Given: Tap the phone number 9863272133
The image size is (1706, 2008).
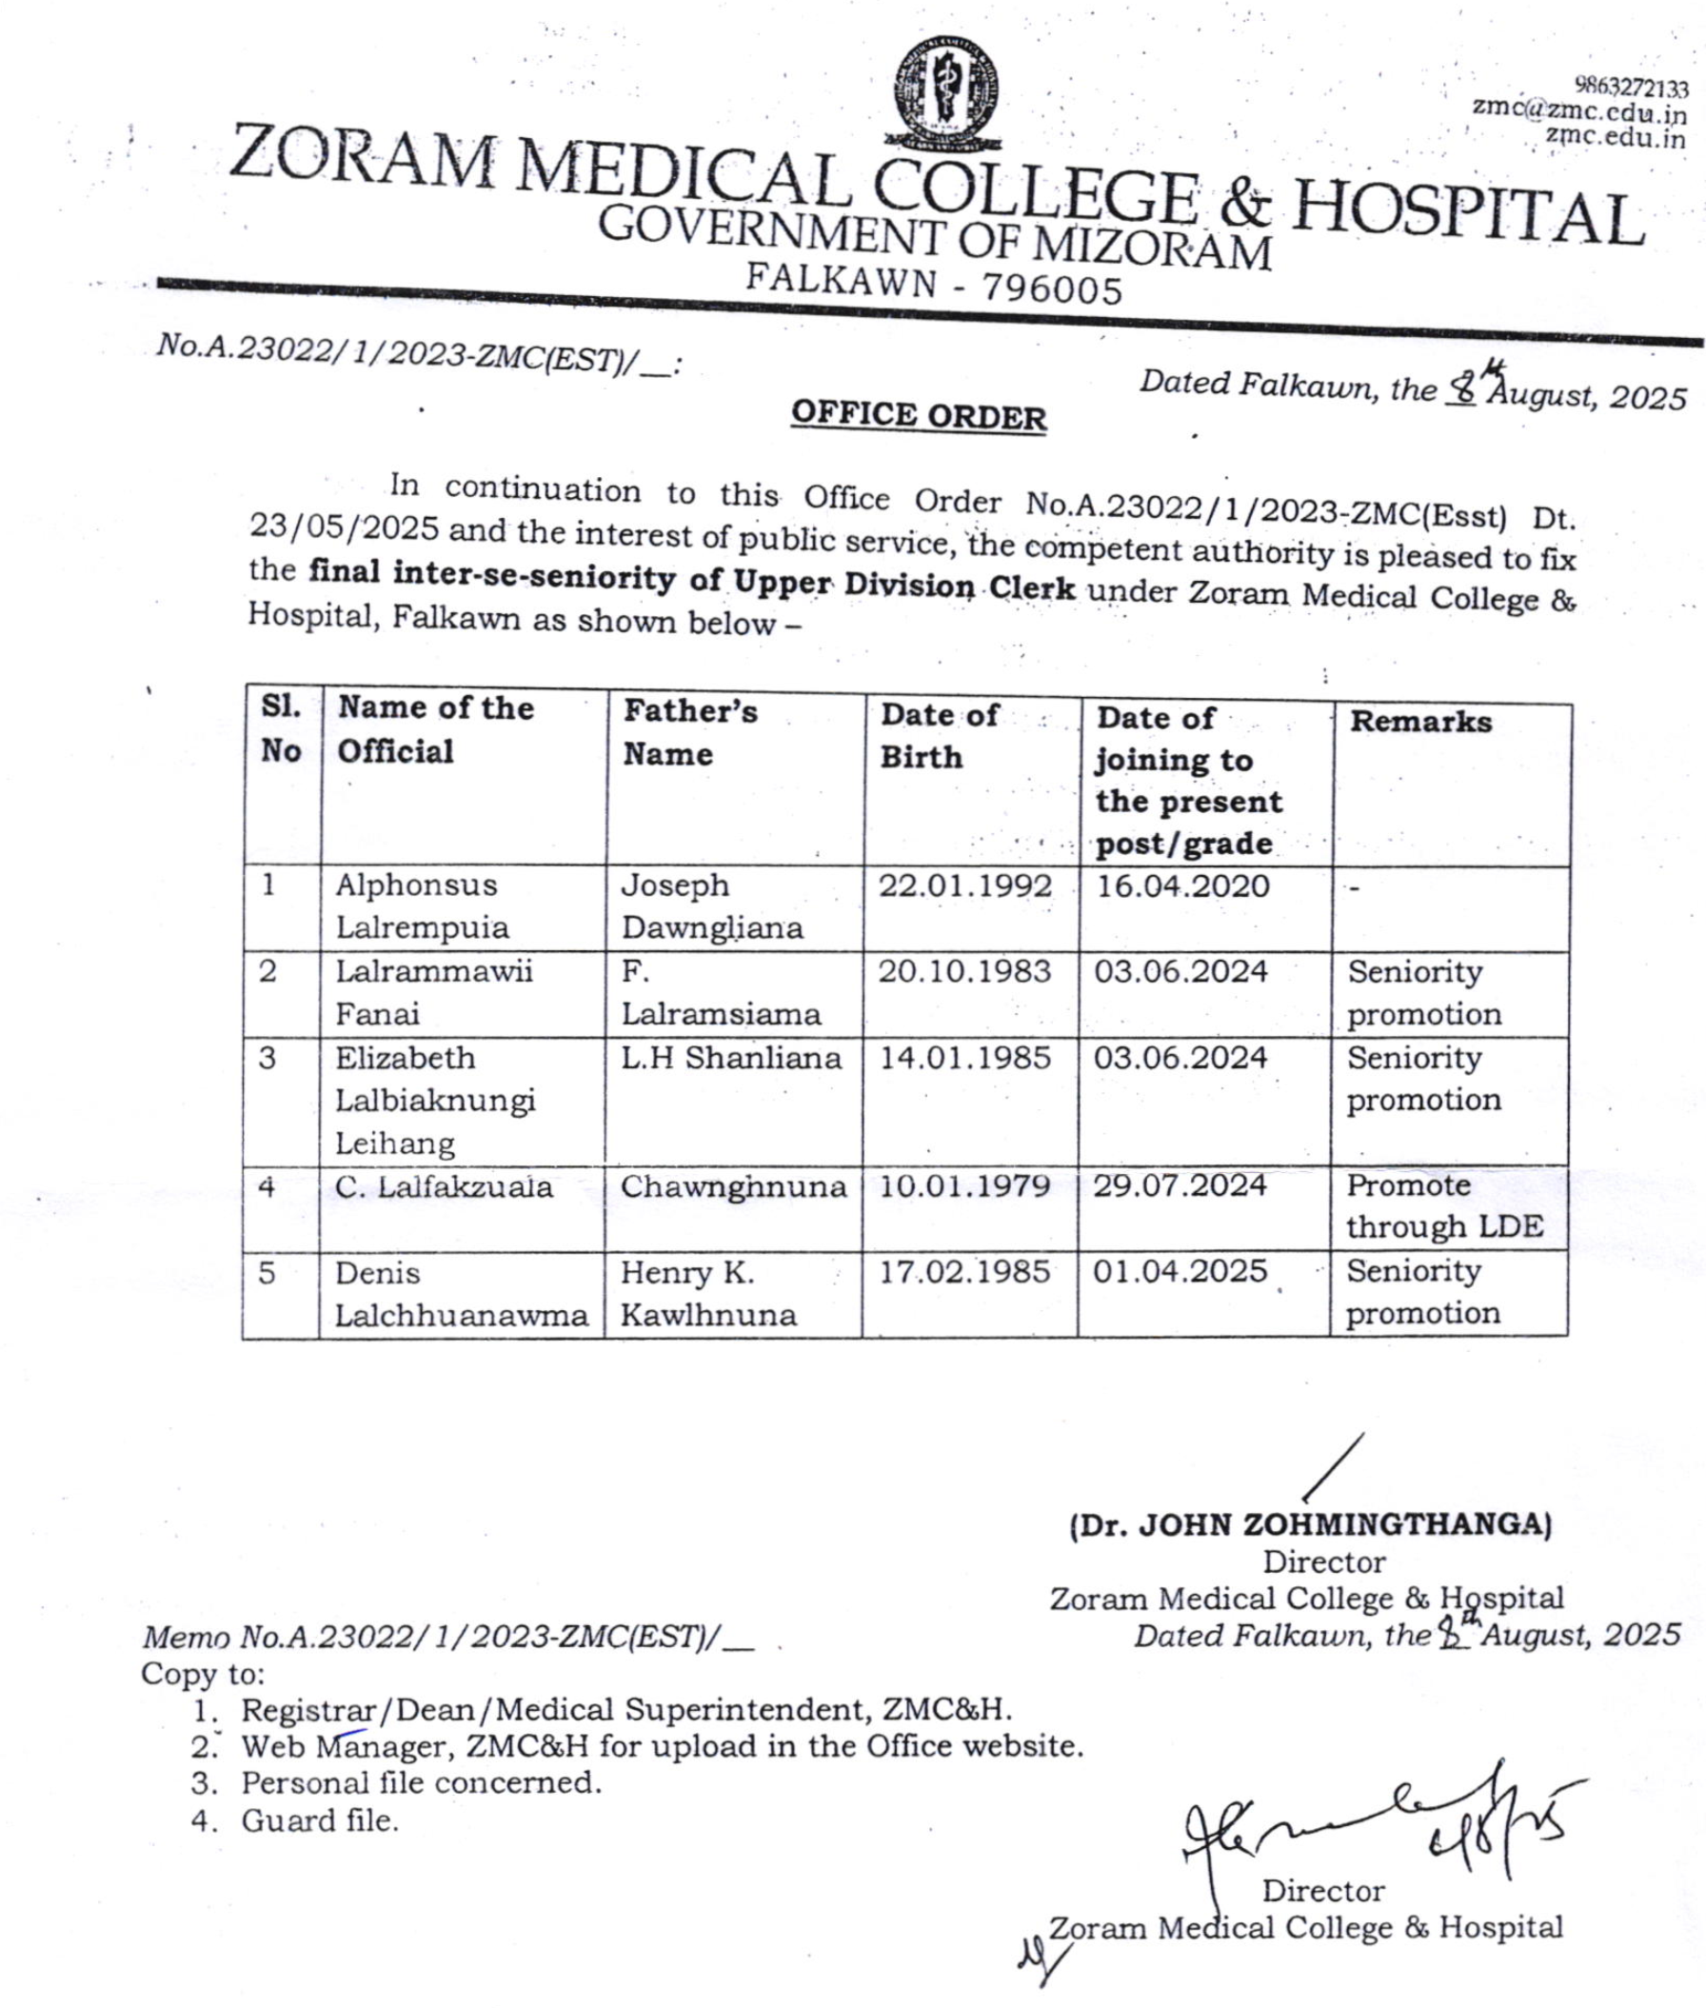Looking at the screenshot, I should click(x=1632, y=89).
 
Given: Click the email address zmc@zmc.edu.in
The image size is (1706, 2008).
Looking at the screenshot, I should click(x=1578, y=112).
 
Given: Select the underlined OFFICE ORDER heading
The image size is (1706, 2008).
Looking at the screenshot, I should click(x=918, y=416).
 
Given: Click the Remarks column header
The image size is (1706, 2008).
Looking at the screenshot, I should click(x=1419, y=722).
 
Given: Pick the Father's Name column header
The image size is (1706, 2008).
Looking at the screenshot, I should click(x=689, y=732).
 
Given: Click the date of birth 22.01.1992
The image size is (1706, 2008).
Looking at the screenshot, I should click(x=964, y=886).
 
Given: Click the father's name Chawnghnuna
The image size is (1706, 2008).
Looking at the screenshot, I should click(x=732, y=1187).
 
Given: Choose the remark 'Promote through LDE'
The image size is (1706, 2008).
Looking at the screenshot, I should click(x=1443, y=1206).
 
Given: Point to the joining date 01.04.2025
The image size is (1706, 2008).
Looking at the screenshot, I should click(x=1179, y=1271).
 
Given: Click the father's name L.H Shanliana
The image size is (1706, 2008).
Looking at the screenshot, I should click(x=730, y=1058).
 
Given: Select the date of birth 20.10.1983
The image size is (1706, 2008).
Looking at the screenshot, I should click(x=964, y=971).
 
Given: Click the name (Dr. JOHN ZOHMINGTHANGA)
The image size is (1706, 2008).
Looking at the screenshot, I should click(x=1311, y=1525).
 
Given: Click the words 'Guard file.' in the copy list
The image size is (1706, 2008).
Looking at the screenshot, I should click(x=319, y=1821).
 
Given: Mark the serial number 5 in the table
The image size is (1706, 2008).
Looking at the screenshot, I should click(x=267, y=1272).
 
